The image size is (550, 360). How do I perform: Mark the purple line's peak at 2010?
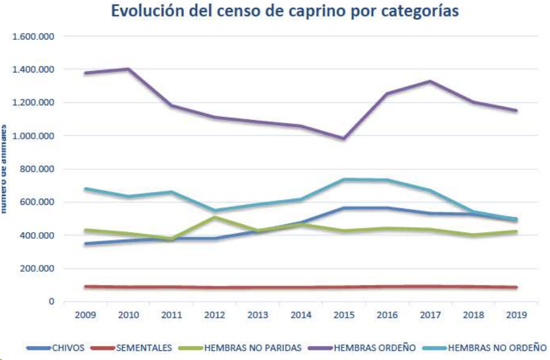pos(129,69)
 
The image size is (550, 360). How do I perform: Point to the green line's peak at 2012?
pos(215,217)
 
